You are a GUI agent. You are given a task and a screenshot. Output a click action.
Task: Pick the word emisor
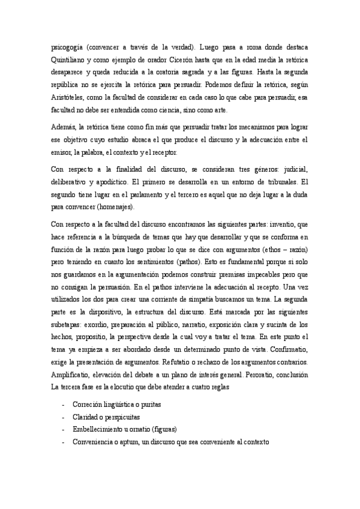tap(64, 152)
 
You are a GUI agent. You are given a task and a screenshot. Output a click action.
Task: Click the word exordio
tap(95, 325)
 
